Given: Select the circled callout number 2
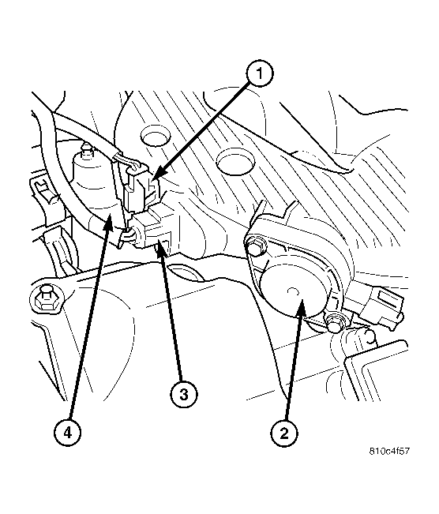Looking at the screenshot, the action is (284, 433).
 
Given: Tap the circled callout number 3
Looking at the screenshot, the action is (184, 394).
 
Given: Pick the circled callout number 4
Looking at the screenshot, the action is (68, 433).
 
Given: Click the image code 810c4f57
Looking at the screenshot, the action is (389, 451).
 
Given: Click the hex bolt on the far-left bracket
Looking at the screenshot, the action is (46, 298).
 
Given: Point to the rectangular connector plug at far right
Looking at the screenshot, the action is (386, 306).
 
